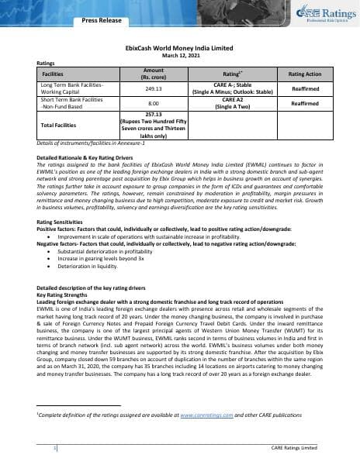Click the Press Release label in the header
coord(102,20)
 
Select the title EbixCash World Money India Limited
coord(180,47)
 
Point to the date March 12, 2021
coord(180,55)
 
